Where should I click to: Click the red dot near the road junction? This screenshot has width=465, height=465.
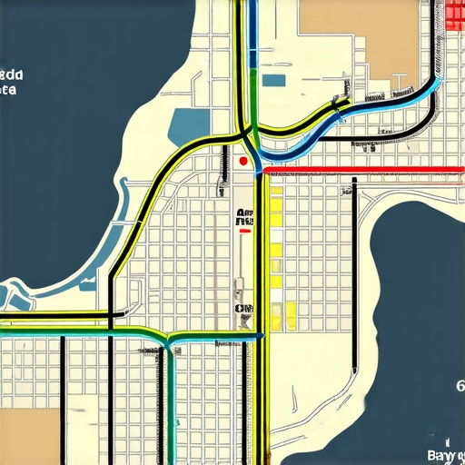(242, 161)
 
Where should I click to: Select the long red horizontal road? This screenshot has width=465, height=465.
(363, 169)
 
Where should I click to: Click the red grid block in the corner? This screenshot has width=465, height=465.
(457, 15)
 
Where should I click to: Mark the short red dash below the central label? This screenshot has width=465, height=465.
(243, 232)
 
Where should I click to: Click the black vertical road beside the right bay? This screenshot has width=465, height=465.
(354, 272)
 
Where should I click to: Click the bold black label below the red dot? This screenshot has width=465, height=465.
(244, 217)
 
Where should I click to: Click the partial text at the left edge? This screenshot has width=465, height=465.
(9, 82)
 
